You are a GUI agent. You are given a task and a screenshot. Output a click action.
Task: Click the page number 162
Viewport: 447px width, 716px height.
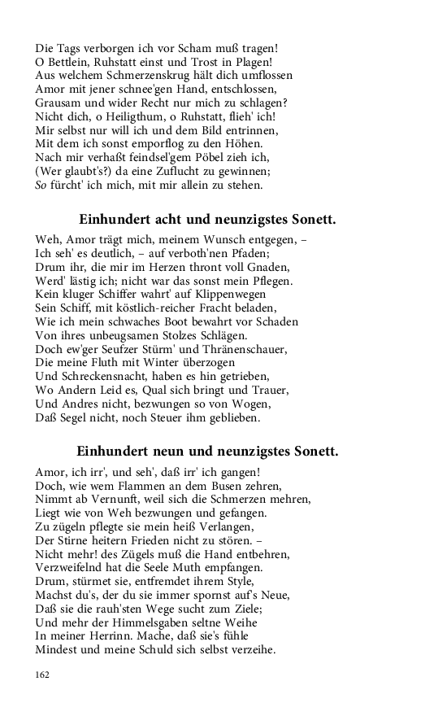point(42,675)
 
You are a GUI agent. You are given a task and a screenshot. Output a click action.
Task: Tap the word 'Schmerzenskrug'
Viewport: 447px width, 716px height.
point(135,76)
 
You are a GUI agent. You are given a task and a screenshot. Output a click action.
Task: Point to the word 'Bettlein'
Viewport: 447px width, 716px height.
point(70,62)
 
